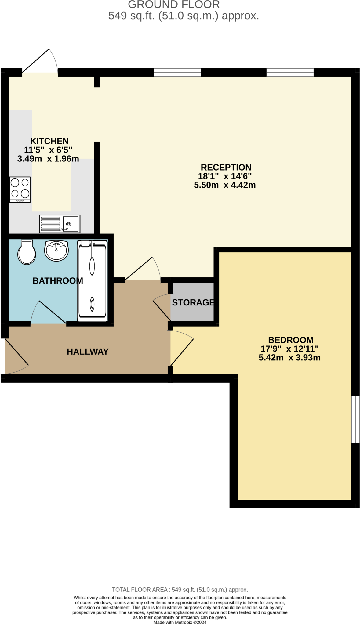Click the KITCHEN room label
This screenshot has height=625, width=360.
pyautogui.click(x=49, y=141)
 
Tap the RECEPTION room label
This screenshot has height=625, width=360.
pyautogui.click(x=226, y=167)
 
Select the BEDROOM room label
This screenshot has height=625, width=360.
pyautogui.click(x=291, y=340)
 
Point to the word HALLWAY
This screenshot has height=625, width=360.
pyautogui.click(x=88, y=352)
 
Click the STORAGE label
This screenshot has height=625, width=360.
pyautogui.click(x=193, y=302)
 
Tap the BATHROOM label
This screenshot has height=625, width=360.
pyautogui.click(x=57, y=280)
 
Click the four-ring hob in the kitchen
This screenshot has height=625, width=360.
pyautogui.click(x=20, y=190)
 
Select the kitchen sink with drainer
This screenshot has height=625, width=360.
pyautogui.click(x=60, y=223)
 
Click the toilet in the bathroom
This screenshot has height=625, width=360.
pyautogui.click(x=27, y=252)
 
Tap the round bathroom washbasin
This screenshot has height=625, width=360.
pyautogui.click(x=56, y=251)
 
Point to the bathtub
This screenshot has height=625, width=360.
pyautogui.click(x=92, y=281)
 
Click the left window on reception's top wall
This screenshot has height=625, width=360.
pyautogui.click(x=177, y=72)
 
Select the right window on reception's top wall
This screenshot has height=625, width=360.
pyautogui.click(x=290, y=72)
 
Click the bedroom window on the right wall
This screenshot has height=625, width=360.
pyautogui.click(x=355, y=419)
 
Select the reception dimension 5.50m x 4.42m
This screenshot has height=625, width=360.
pyautogui.click(x=225, y=185)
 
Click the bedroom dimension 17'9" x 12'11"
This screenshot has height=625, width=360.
pyautogui.click(x=289, y=349)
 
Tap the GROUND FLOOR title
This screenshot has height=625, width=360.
pyautogui.click(x=174, y=5)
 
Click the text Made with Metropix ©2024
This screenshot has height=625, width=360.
pyautogui.click(x=180, y=622)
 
